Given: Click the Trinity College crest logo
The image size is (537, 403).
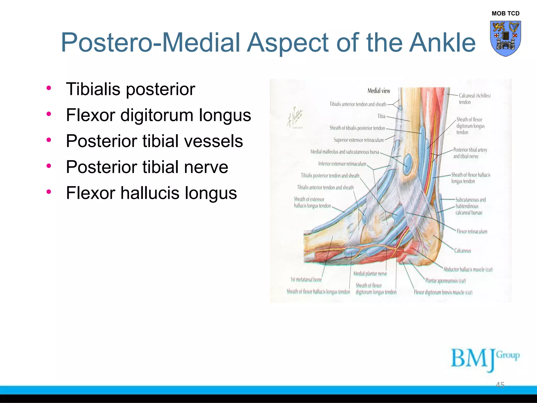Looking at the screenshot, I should [505, 38].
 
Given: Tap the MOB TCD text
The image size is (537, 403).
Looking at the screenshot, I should [505, 13].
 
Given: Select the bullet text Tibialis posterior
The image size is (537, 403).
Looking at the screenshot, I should [130, 89].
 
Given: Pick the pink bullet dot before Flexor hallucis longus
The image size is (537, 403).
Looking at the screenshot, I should [49, 192].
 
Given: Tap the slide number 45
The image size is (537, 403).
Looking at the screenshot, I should [500, 385].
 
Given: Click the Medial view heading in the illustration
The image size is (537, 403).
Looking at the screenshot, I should [379, 91].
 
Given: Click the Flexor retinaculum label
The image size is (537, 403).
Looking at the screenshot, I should [472, 231].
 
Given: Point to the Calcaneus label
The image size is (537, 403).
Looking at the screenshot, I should [463, 251].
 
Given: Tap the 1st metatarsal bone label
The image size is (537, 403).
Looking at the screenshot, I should [306, 280].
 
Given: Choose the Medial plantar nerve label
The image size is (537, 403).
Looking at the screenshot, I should [370, 274].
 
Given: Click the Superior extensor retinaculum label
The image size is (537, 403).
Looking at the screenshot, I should [358, 140].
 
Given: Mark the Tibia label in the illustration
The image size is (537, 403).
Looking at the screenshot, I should [381, 116].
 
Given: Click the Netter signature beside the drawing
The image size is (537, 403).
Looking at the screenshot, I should [295, 117].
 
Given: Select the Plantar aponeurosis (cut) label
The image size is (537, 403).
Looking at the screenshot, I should [445, 281].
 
